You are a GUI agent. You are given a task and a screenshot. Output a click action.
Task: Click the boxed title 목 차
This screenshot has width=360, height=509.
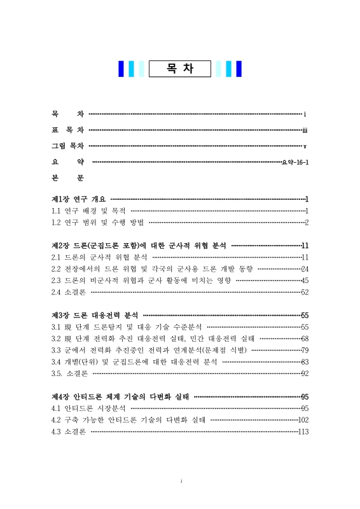pos(180,69)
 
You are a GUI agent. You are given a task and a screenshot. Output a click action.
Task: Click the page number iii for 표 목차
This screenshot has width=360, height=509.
pos(305,130)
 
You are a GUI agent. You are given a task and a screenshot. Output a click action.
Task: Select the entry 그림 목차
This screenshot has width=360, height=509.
pos(68,146)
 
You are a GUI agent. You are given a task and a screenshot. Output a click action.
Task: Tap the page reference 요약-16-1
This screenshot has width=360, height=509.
pos(295,162)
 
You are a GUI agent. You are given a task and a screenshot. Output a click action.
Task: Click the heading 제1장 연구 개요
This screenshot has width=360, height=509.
pos(79,200)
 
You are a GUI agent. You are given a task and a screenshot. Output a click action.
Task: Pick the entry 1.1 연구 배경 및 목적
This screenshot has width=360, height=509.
pos(88,211)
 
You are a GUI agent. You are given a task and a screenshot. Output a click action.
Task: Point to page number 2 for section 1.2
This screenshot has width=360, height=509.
pos(307,222)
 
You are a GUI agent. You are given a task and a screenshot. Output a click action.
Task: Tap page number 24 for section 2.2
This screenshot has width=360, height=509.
pos(305,268)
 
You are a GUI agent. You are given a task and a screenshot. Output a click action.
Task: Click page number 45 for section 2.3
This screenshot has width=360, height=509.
pos(305,280)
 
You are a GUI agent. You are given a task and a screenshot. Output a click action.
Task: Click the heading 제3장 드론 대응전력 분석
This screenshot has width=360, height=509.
pos(95,315)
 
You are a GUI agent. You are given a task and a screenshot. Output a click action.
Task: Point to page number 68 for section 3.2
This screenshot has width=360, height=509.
pos(305,338)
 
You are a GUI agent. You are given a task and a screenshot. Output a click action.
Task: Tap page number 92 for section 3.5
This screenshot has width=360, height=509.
pos(305,373)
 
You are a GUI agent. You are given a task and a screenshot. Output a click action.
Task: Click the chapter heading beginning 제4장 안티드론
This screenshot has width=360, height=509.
pos(120,396)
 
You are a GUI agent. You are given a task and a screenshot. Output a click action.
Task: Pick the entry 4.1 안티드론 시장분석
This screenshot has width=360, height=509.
pos(88,408)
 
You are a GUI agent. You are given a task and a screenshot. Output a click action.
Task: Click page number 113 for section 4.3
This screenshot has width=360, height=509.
pos(303,431)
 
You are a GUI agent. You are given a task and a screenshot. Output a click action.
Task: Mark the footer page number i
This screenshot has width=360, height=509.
pos(181,481)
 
